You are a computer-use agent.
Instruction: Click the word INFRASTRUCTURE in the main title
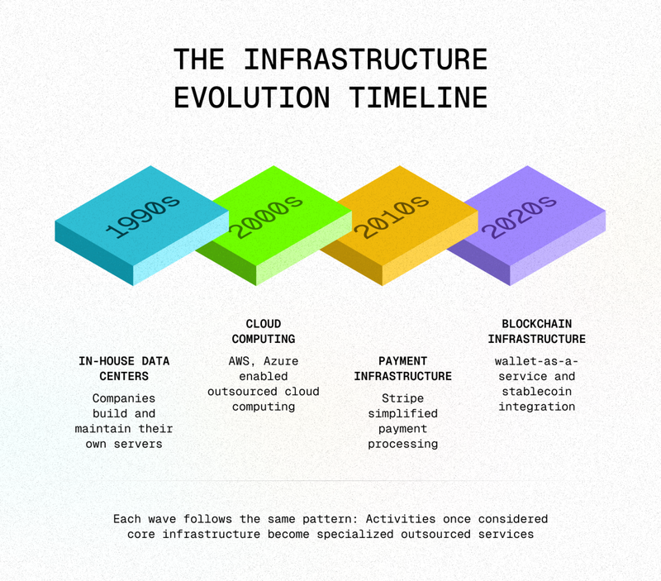point(366,59)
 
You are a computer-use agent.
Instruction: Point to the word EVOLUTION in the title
point(252,98)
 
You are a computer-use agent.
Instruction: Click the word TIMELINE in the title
point(418,98)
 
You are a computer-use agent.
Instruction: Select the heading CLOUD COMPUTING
point(264,331)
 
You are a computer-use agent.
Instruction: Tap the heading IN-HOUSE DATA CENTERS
point(124,369)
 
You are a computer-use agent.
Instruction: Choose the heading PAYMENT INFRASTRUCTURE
point(402,369)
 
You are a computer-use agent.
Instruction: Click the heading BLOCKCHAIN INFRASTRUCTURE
point(536,331)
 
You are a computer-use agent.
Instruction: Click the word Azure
point(281,361)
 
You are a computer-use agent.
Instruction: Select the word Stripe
point(402,399)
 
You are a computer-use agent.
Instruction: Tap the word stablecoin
point(536,392)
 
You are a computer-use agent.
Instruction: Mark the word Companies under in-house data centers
point(124,399)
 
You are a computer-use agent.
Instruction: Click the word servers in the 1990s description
point(138,444)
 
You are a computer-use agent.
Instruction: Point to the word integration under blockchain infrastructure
point(536,407)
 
